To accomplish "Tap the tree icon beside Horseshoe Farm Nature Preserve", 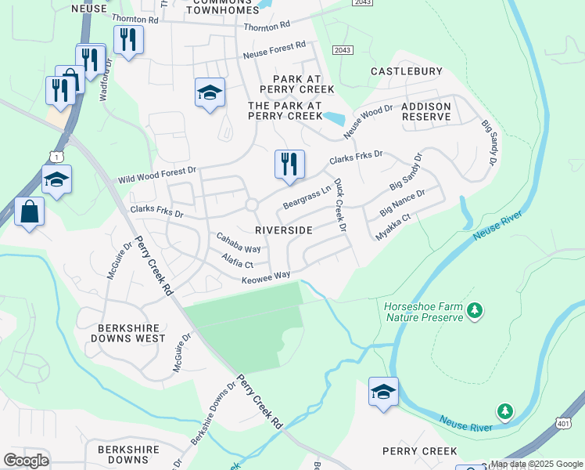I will click(474, 312).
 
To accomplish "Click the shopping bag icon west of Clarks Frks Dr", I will click(29, 213).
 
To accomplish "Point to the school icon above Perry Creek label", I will click(383, 392).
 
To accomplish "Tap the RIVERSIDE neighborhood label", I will click(284, 230).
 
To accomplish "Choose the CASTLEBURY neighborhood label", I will click(406, 71).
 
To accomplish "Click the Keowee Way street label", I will click(266, 277).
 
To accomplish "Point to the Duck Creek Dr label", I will click(340, 205).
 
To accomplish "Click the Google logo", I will click(26, 460).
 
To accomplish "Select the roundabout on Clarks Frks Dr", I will click(252, 205).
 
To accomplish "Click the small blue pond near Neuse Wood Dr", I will click(334, 119).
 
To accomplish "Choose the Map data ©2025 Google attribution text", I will click(537, 464).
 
